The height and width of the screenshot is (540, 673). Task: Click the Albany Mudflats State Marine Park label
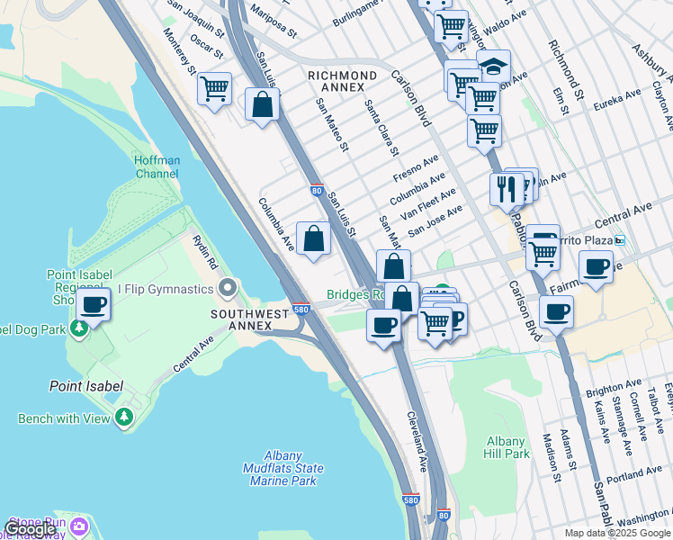[283, 469]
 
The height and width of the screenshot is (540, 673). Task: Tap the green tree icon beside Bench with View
[124, 418]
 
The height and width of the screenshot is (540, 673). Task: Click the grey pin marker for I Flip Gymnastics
[229, 288]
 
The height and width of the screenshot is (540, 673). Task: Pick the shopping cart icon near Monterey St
[214, 89]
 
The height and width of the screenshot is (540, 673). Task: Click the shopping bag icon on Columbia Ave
[313, 239]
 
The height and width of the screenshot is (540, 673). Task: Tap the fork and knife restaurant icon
[506, 189]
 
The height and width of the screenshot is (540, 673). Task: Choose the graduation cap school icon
[493, 66]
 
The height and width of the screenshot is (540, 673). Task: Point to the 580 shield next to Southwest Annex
[301, 310]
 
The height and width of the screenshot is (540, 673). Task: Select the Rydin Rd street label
[205, 253]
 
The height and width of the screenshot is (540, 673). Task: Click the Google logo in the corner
[30, 530]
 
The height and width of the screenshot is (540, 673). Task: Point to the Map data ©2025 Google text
[617, 533]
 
